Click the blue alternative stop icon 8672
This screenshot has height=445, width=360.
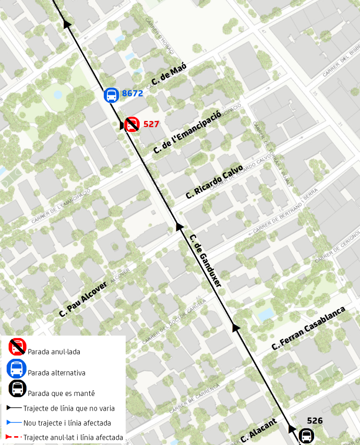coord(111,95)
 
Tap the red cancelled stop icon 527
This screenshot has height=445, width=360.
coord(131,125)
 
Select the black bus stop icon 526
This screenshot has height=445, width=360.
coord(306,435)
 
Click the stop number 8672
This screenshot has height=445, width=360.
coord(133,94)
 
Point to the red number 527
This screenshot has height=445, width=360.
coord(151,125)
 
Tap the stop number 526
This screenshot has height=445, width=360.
coord(315,420)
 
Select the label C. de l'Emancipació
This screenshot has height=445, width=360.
coord(187,131)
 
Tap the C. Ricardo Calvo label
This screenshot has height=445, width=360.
coord(214,182)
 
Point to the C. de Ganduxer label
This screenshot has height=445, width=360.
coord(206,260)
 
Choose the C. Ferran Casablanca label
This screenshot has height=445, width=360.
coord(309,328)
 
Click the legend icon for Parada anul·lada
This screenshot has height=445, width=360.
coord(17,347)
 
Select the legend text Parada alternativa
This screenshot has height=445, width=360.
coord(56,373)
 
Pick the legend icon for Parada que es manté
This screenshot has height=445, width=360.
coord(17,389)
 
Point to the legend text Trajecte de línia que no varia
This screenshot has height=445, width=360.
coord(69,408)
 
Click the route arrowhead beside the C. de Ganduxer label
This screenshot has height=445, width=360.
coord(179,226)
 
